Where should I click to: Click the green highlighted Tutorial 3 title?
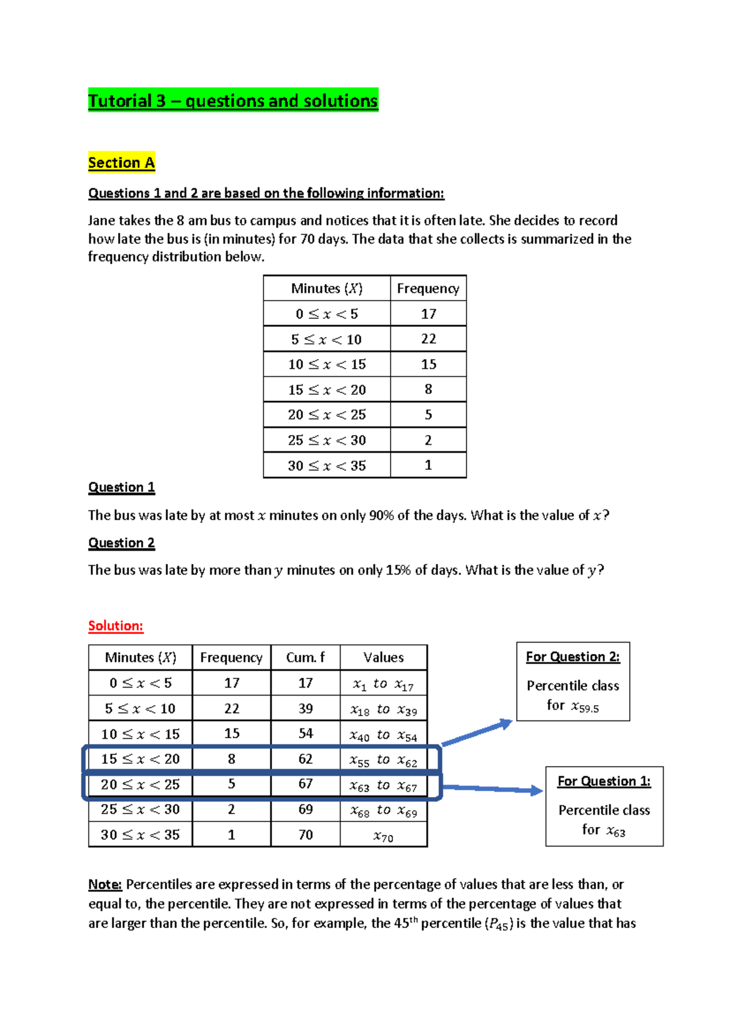[233, 100]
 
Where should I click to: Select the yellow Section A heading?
[121, 162]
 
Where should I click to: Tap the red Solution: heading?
[116, 626]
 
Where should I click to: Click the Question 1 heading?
[122, 487]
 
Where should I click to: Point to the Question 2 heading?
[122, 543]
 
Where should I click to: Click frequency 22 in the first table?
[428, 339]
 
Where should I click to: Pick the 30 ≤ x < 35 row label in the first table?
[327, 465]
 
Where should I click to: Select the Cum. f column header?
[305, 658]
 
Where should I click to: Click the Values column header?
[383, 658]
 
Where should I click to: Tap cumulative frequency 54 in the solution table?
[305, 734]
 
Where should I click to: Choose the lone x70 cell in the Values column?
[383, 836]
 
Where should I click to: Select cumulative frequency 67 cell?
[305, 784]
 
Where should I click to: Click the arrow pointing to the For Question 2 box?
[478, 733]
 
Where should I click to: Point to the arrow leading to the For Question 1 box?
[493, 789]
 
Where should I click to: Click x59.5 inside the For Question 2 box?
[585, 706]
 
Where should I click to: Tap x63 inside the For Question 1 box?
[616, 831]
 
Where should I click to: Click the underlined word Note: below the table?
[105, 884]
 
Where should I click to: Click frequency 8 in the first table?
[428, 389]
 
